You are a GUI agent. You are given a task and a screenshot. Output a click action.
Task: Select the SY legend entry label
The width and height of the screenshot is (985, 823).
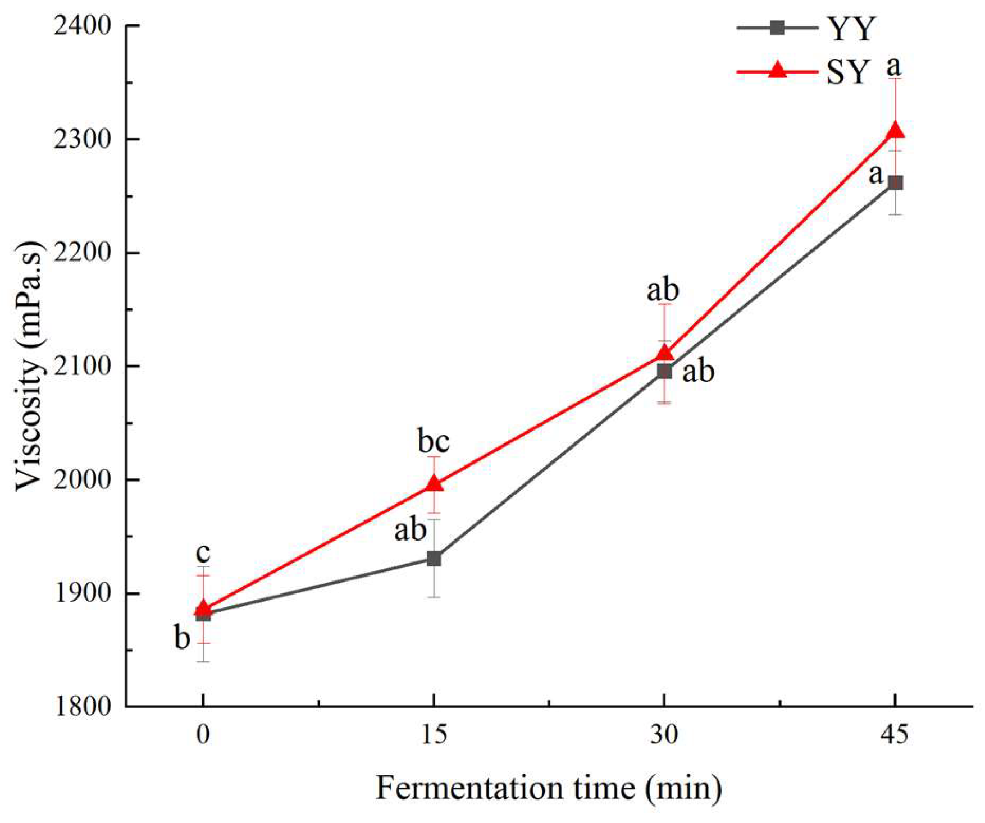click(848, 72)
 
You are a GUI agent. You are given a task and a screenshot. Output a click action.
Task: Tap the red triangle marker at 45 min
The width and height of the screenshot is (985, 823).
click(895, 130)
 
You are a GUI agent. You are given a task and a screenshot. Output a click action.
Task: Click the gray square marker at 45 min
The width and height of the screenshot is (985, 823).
click(895, 182)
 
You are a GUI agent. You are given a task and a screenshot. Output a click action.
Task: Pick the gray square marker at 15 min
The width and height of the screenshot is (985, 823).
click(434, 558)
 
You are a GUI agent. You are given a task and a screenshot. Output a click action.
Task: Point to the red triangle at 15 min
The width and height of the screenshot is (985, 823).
click(434, 483)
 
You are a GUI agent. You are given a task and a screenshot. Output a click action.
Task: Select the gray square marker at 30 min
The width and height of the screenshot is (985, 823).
click(664, 371)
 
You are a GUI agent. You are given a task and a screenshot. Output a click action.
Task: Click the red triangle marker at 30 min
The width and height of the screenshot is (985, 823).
click(664, 353)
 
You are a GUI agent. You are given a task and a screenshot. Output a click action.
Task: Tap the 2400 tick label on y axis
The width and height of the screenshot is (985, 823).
click(82, 26)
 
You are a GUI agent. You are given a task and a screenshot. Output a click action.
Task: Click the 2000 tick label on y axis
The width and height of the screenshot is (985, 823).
click(82, 479)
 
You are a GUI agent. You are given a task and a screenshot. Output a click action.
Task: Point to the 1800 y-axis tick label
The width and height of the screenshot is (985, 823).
click(82, 706)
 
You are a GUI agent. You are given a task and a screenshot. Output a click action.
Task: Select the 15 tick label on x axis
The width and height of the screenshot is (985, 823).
click(434, 734)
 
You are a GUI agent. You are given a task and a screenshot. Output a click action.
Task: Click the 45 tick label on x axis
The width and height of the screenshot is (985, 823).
click(895, 734)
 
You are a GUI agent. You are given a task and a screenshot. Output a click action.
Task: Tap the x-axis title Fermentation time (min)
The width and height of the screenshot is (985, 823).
click(549, 788)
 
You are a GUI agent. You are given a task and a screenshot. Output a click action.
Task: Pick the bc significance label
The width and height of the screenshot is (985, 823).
click(434, 442)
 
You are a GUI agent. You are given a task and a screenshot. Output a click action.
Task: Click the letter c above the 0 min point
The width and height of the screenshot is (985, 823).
click(203, 553)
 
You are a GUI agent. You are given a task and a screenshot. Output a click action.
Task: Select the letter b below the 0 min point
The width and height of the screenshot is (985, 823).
click(183, 638)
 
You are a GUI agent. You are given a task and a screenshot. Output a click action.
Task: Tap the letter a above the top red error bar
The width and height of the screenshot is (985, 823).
click(893, 66)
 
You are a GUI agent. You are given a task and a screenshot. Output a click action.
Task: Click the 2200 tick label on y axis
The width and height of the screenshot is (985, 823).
click(82, 253)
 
